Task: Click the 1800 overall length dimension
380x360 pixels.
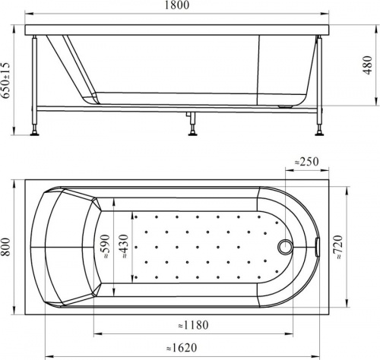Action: pyautogui.click(x=177, y=5)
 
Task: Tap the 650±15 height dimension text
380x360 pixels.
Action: pyautogui.click(x=5, y=81)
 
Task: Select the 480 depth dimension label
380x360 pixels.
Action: pyautogui.click(x=368, y=65)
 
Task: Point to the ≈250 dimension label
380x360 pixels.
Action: pyautogui.click(x=306, y=162)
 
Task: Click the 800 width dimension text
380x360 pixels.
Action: pyautogui.click(x=5, y=247)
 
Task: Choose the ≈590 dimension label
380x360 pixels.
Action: pyautogui.click(x=106, y=247)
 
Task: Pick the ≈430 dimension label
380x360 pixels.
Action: pyautogui.click(x=124, y=246)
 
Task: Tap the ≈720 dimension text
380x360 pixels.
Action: pyautogui.click(x=338, y=247)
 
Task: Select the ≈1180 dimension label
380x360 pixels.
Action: pyautogui.click(x=193, y=325)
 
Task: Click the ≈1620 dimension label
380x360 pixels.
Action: pyautogui.click(x=182, y=348)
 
